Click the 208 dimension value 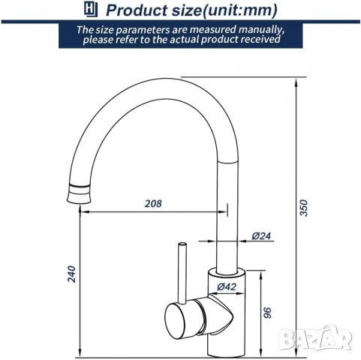[153, 203]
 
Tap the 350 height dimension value [303, 208]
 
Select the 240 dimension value [72, 274]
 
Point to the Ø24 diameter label [261, 235]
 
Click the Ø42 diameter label [227, 286]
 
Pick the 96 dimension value [267, 313]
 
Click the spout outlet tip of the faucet [78, 201]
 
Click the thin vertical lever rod [182, 272]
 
